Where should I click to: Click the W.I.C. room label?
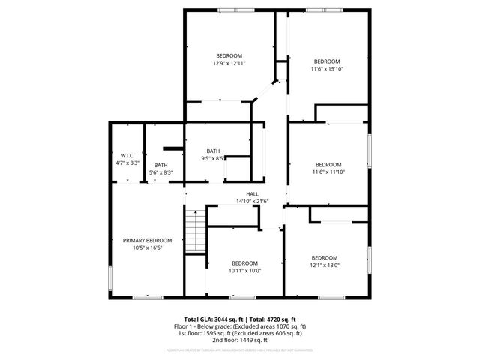pyautogui.click(x=126, y=155)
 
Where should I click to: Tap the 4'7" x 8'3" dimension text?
pyautogui.click(x=126, y=163)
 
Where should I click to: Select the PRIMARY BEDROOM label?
pyautogui.click(x=147, y=241)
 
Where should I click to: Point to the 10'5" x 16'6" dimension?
pyautogui.click(x=147, y=247)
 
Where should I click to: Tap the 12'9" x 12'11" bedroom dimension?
pyautogui.click(x=229, y=64)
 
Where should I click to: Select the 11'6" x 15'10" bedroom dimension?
pyautogui.click(x=326, y=69)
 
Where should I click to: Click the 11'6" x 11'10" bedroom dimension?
pyautogui.click(x=328, y=172)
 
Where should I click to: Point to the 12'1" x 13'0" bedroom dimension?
pyautogui.click(x=325, y=264)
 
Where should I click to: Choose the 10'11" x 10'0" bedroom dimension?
pyautogui.click(x=244, y=270)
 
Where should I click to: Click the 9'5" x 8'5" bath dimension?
pyautogui.click(x=213, y=158)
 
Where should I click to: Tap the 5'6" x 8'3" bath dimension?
pyautogui.click(x=160, y=173)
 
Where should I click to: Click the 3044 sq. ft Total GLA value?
pyautogui.click(x=231, y=319)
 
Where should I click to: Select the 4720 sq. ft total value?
pyautogui.click(x=280, y=319)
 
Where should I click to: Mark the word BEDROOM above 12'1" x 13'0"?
pyautogui.click(x=325, y=257)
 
